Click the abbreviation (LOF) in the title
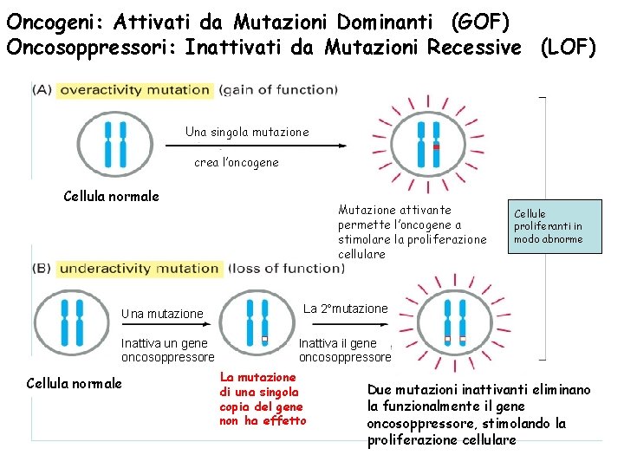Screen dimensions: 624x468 [x=567, y=47]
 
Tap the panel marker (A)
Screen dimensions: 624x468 [x=42, y=89]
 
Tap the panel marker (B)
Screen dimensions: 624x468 [x=42, y=268]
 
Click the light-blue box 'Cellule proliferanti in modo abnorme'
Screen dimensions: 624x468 [x=555, y=226]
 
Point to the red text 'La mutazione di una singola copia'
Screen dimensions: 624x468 [x=261, y=399]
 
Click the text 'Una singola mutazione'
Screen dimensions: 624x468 [x=246, y=132]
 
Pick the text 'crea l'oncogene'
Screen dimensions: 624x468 [x=236, y=162]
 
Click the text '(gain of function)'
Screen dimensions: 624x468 [x=278, y=89]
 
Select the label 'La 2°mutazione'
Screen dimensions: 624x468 [x=345, y=309]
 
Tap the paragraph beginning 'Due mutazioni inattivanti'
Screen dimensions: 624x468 [x=478, y=414]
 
